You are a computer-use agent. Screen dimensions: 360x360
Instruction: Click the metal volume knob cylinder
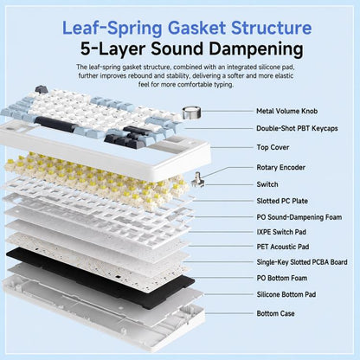(191, 112)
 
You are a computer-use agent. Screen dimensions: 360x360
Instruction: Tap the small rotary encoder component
(198, 180)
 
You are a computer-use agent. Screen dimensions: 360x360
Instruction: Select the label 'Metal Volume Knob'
(287, 111)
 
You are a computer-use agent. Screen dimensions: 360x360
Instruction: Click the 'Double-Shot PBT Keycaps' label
(297, 128)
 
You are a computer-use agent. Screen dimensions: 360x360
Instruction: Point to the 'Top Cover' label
(273, 147)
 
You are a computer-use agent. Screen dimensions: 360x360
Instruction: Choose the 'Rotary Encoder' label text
(280, 167)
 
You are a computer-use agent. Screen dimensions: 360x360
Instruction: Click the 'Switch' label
(267, 184)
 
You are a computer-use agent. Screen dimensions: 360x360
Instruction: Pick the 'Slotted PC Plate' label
(282, 201)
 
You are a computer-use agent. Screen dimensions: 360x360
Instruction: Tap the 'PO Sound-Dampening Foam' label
(299, 217)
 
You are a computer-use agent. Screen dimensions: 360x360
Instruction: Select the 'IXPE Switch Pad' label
(281, 232)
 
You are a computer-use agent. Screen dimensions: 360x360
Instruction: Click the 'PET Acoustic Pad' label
(283, 247)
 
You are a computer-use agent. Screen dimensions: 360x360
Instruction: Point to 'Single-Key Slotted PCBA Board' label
(302, 262)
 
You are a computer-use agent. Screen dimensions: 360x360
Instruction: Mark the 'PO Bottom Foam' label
(282, 278)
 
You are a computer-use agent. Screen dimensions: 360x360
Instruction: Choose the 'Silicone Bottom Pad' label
(286, 294)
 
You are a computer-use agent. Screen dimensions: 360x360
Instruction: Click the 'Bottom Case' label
(275, 313)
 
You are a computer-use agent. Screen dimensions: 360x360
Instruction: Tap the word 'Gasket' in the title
(196, 29)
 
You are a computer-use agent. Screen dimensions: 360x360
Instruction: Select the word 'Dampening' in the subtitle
(256, 50)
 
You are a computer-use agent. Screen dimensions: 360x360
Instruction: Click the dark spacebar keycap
(56, 123)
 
